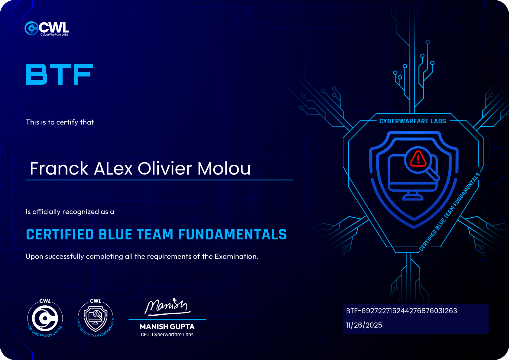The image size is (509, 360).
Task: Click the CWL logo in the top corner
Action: coord(47,28)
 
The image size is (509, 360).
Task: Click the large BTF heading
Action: coord(60,74)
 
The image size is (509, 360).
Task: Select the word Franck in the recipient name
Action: coord(59,169)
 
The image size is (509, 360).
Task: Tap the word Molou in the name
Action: coord(224,169)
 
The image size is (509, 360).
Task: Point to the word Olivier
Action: coord(165,169)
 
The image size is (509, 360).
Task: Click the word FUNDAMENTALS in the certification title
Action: coord(232,234)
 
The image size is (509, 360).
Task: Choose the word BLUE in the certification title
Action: coord(115,234)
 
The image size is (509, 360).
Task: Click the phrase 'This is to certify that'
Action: coord(60,122)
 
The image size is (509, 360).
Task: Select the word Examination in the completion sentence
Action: coord(237,256)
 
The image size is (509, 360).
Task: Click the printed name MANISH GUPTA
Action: coord(167,326)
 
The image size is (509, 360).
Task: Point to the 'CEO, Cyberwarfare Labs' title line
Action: coord(167,335)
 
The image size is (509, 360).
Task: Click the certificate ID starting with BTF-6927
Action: coord(401,311)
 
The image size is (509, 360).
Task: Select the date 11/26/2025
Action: coord(364,325)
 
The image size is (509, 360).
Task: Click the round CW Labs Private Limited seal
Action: coord(45,318)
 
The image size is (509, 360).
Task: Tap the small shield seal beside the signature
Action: coord(96,318)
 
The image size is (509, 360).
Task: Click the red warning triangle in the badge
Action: coord(418,159)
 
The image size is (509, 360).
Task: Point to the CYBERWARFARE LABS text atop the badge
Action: coord(413,121)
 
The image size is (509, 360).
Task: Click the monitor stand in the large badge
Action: coord(413,196)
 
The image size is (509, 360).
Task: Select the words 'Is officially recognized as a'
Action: coord(70,212)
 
